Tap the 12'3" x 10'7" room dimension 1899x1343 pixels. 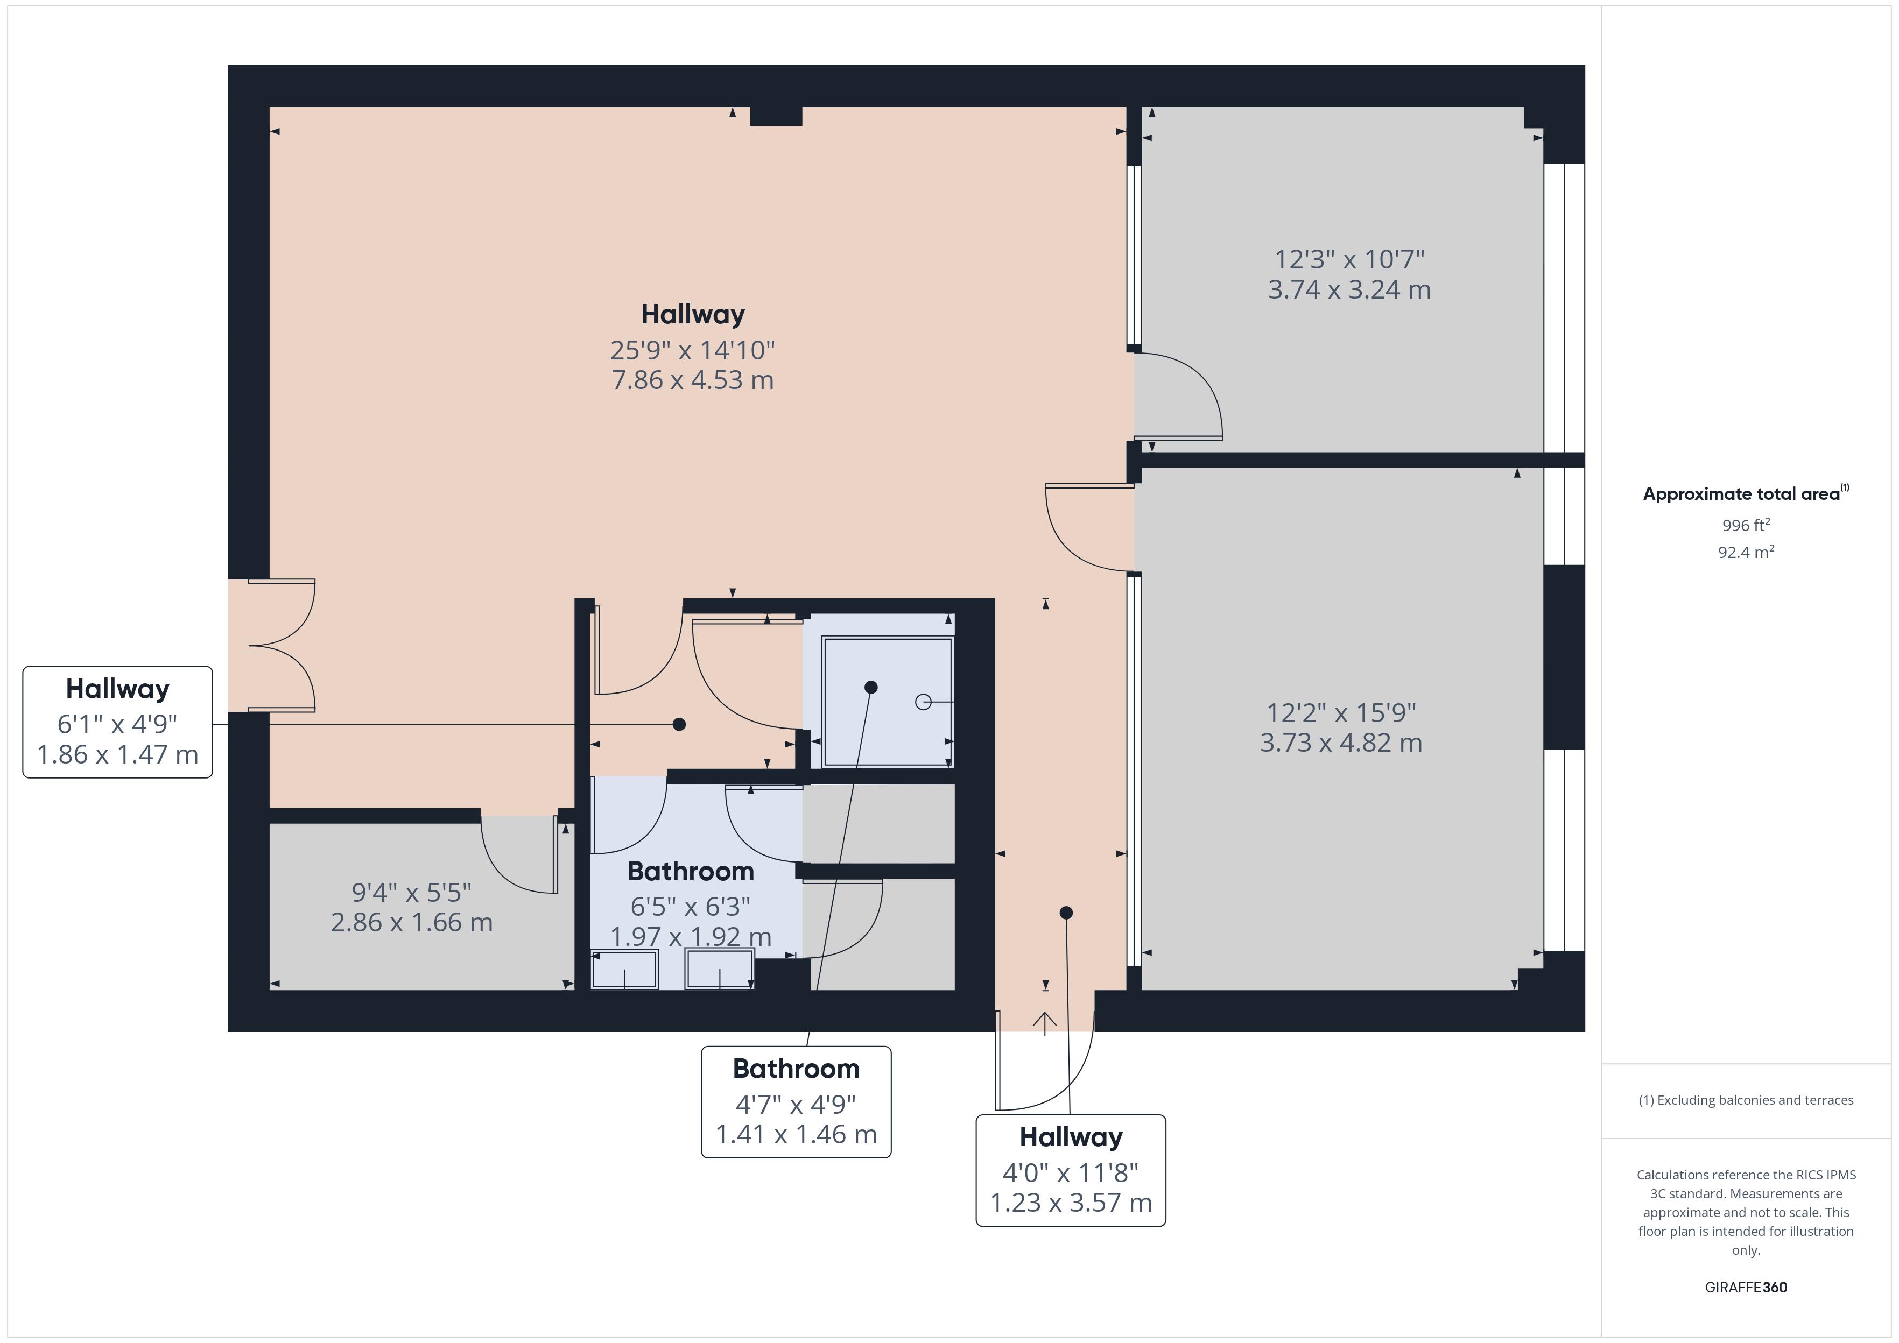[x=1349, y=260]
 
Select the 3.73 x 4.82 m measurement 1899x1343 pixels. [x=1341, y=743]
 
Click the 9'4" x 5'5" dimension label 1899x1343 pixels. [x=411, y=892]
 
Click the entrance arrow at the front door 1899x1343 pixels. [x=1045, y=1023]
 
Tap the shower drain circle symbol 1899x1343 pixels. [x=923, y=702]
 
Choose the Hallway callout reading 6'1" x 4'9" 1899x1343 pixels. [x=117, y=722]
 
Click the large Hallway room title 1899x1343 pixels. [x=692, y=314]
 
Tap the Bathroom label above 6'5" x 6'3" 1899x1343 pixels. [x=690, y=871]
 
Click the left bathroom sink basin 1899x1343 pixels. [x=624, y=969]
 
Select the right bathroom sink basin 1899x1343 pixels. [x=720, y=969]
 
